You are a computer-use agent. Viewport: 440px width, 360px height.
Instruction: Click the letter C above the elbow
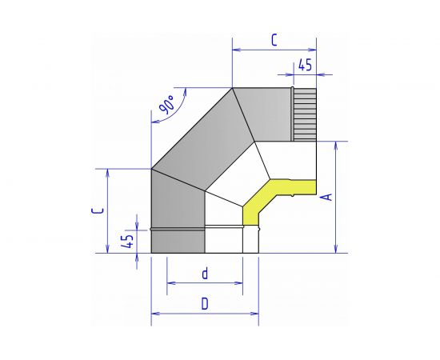pyautogui.click(x=274, y=38)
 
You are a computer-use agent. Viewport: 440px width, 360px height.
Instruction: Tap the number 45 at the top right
pyautogui.click(x=304, y=64)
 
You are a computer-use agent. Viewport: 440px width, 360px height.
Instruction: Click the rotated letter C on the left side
pyautogui.click(x=97, y=210)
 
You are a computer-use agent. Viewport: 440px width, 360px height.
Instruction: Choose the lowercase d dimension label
pyautogui.click(x=205, y=274)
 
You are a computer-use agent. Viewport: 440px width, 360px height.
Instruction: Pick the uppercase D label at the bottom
pyautogui.click(x=205, y=304)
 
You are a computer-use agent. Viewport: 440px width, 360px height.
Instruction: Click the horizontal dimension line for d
pyautogui.click(x=205, y=282)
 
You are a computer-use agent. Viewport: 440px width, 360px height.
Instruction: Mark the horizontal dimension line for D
pyautogui.click(x=205, y=313)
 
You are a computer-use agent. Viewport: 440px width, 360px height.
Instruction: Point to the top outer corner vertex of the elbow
pyautogui.click(x=232, y=88)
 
